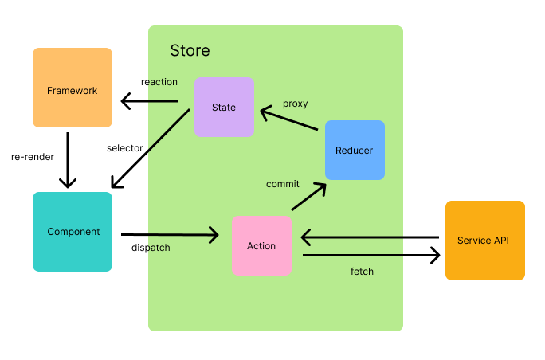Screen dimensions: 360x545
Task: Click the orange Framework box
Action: [73, 88]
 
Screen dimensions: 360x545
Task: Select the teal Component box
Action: [73, 232]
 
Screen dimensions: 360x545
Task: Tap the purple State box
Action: [224, 108]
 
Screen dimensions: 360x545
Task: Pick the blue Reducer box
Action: [355, 150]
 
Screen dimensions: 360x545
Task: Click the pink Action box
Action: [261, 245]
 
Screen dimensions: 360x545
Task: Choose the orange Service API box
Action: [484, 241]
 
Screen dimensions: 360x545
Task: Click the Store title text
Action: [190, 51]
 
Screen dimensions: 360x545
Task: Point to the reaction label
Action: [159, 82]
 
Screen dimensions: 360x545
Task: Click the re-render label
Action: [33, 157]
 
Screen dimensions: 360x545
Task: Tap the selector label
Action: [124, 148]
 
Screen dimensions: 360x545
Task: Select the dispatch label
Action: [151, 248]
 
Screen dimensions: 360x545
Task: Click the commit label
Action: [282, 184]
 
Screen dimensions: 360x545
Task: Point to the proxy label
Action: [295, 104]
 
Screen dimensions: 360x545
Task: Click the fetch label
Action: [362, 272]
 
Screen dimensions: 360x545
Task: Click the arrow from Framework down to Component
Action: [68, 159]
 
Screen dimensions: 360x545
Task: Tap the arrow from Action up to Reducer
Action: [308, 197]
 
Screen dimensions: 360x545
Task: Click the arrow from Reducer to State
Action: [290, 119]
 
